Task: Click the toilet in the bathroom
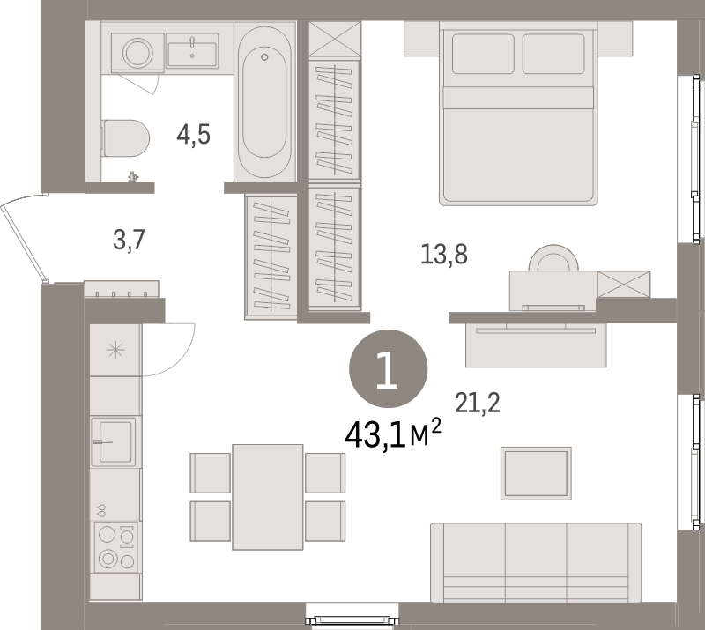[126, 138]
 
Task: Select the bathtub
[264, 101]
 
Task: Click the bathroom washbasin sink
[192, 50]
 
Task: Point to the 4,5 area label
[193, 135]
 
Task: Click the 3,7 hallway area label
[129, 240]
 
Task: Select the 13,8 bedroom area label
[444, 254]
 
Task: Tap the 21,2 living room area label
[478, 403]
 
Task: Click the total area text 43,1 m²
[392, 434]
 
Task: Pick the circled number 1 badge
[388, 368]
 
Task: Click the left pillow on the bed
[483, 54]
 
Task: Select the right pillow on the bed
[553, 54]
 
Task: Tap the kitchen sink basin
[113, 441]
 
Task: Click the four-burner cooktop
[115, 547]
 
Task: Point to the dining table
[268, 497]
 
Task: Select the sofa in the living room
[536, 562]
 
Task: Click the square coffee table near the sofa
[536, 473]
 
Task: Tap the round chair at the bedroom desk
[553, 257]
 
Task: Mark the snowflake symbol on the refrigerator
[115, 350]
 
